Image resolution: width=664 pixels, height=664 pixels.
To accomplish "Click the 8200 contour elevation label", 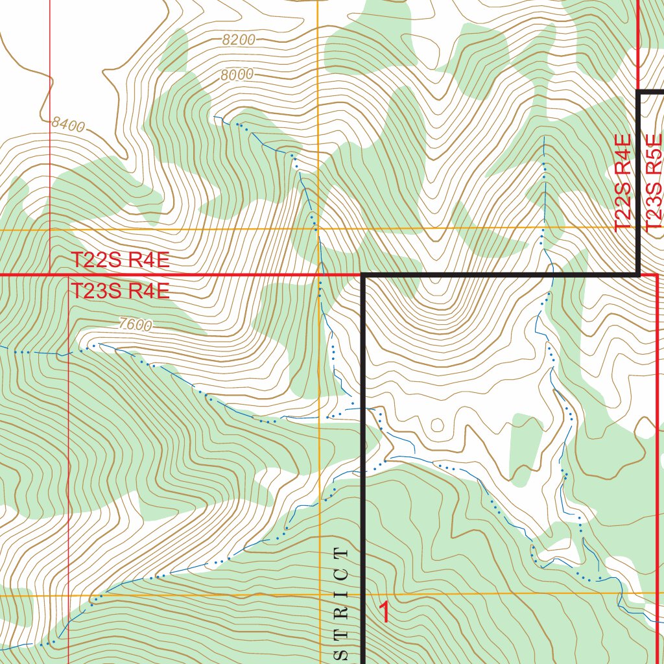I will point(238,40).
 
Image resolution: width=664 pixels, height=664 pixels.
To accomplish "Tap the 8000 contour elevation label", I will point(237,75).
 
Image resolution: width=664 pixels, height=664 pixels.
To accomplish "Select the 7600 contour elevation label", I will point(135,325).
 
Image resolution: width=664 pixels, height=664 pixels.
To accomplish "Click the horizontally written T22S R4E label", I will point(120,260).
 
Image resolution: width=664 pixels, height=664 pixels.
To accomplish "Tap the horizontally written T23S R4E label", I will point(120,291).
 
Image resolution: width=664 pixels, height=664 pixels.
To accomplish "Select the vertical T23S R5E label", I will point(654,180).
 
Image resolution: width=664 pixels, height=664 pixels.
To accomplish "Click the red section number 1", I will point(385,612).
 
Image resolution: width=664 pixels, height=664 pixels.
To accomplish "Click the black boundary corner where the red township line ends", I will point(364,276).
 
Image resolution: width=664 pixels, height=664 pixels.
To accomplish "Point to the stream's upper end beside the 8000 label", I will point(216,117).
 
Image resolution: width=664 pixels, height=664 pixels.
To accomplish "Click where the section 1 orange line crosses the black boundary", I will point(364,594).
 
